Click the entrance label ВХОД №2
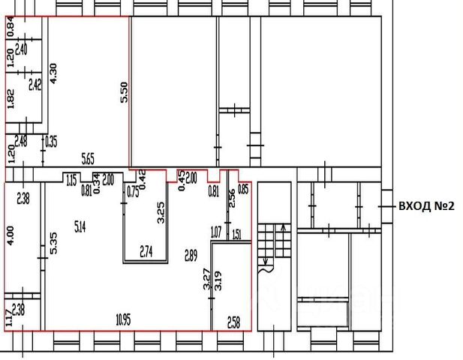(426, 205)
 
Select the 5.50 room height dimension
(125, 91)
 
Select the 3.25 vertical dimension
(159, 214)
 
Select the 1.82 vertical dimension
(10, 99)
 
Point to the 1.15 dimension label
(72, 180)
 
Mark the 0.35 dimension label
(52, 141)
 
